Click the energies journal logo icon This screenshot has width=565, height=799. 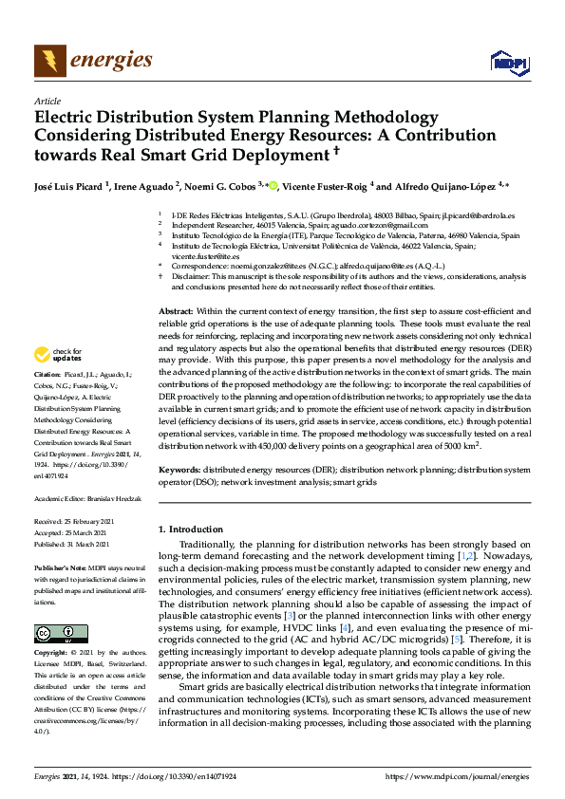tap(50, 61)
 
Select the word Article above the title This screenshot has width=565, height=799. tap(47, 101)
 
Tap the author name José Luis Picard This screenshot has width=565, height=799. tap(69, 186)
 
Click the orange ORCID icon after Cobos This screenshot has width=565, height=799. tap(273, 185)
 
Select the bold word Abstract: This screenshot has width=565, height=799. tap(176, 311)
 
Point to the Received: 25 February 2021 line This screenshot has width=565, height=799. tap(74, 522)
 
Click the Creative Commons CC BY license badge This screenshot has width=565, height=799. tap(61, 632)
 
